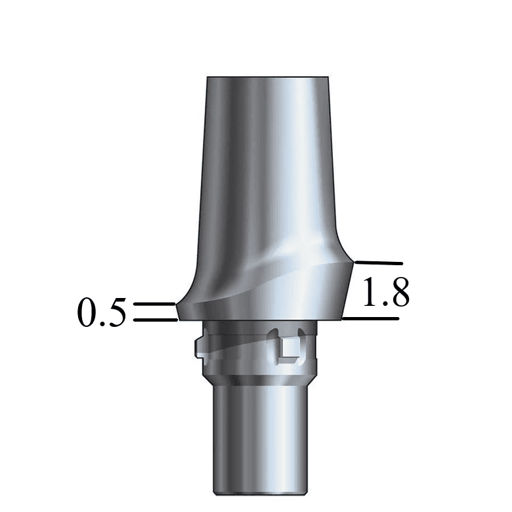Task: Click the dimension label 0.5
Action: [102, 313]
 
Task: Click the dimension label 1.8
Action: [386, 293]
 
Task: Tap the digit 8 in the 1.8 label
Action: [398, 293]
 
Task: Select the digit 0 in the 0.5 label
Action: [89, 313]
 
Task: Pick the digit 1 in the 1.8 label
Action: [372, 293]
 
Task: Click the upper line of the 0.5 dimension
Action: [154, 305]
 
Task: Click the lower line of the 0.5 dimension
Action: [155, 320]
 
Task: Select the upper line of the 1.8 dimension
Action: [378, 263]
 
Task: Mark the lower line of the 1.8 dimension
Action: [371, 319]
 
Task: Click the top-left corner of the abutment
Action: [207, 78]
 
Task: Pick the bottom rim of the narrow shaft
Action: [259, 492]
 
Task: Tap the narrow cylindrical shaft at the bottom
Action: [259, 440]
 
